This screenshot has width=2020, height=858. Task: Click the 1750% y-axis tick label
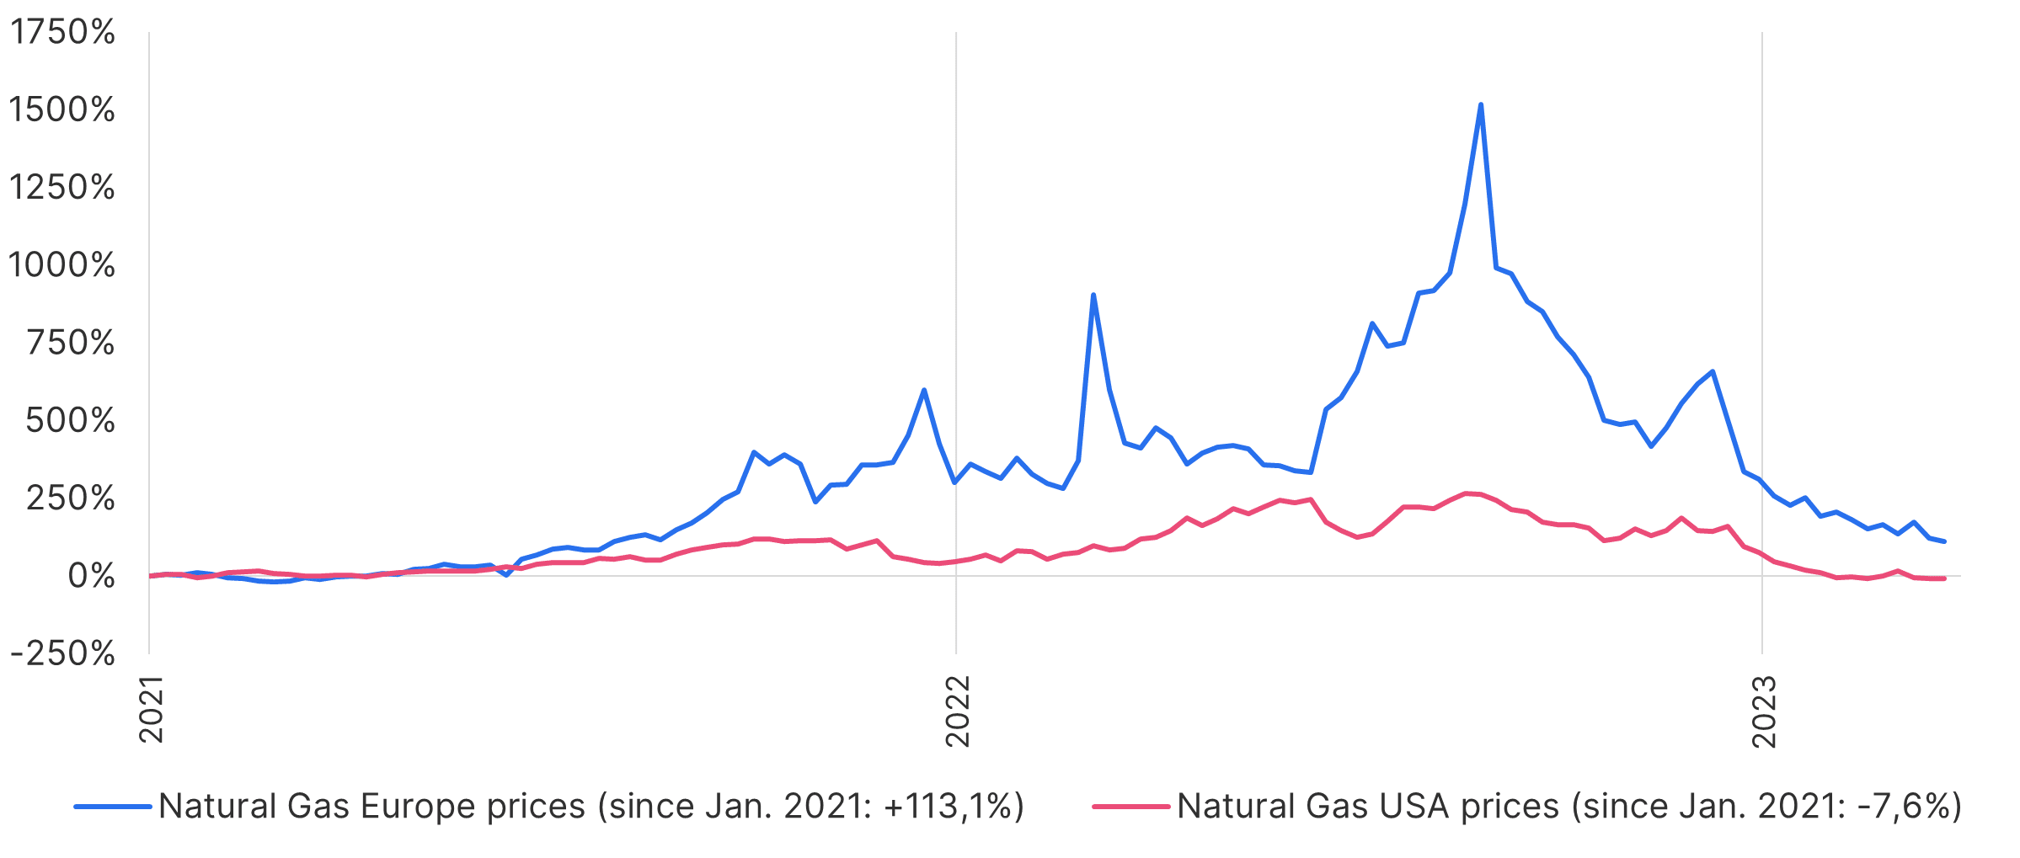61,33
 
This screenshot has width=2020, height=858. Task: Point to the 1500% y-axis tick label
61,110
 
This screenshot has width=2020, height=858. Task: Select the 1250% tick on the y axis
61,188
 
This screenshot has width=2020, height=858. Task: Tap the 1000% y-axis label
61,265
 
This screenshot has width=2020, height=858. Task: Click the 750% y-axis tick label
71,343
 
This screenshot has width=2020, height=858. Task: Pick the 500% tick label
71,420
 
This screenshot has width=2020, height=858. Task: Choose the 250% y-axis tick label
71,498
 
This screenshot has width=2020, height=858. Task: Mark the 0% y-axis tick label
91,576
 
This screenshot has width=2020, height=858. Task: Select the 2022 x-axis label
958,711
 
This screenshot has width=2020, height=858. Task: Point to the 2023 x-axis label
1764,711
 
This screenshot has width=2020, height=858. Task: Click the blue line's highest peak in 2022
1480,105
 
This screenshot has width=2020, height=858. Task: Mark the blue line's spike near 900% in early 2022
1093,296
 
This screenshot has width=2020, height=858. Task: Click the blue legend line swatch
112,807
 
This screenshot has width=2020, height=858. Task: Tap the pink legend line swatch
1130,807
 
